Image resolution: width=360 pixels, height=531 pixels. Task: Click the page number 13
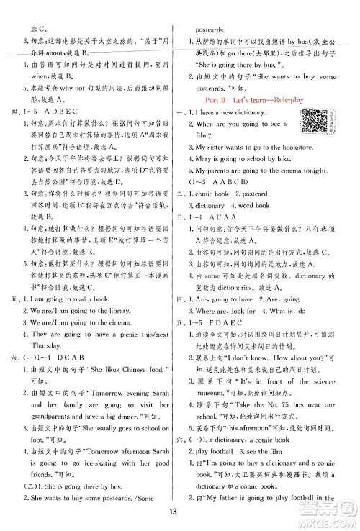(x=180, y=512)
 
